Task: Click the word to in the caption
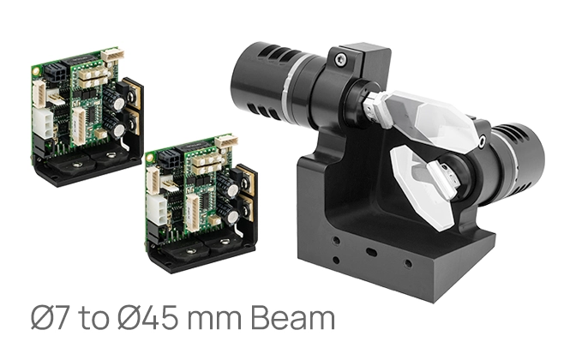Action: click(93, 319)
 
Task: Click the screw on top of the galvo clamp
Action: click(341, 59)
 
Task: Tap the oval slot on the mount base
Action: click(372, 253)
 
